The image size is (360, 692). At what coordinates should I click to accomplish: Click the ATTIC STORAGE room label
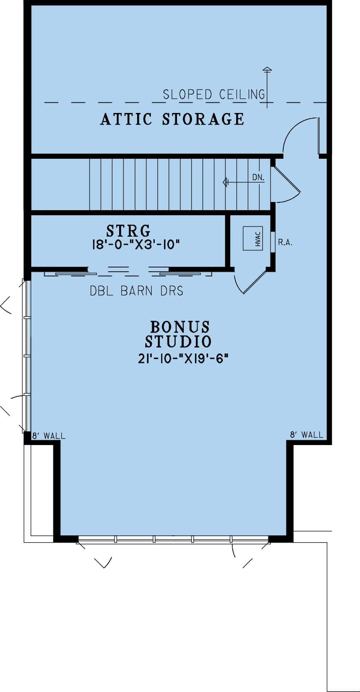[172, 119]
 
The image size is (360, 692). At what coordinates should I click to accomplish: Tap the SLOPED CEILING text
[213, 94]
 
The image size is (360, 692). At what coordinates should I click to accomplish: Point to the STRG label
[128, 231]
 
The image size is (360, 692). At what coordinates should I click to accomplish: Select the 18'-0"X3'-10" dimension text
[135, 245]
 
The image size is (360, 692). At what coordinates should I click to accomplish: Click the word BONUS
[180, 327]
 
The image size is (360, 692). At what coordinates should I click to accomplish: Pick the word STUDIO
[178, 342]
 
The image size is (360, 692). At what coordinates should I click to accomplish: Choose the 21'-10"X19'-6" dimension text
[182, 359]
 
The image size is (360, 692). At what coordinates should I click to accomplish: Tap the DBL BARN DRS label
[136, 291]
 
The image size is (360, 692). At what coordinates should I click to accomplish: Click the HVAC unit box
[252, 238]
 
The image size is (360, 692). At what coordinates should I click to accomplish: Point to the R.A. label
[285, 243]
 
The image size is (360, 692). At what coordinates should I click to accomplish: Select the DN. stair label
[258, 178]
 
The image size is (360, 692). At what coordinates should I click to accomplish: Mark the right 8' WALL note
[306, 435]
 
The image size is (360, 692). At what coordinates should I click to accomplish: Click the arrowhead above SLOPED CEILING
[267, 69]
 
